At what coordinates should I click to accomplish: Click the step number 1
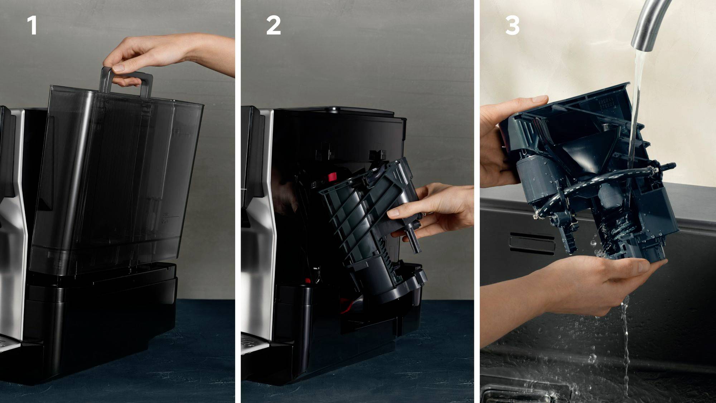[32, 26]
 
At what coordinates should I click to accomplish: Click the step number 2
[273, 26]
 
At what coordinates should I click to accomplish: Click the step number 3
[512, 26]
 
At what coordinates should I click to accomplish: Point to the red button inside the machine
[332, 177]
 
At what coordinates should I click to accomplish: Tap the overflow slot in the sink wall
[532, 244]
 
